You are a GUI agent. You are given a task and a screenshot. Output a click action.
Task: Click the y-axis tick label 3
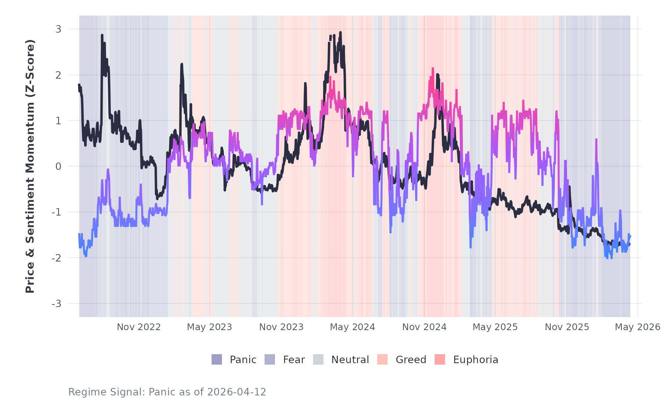[58, 29]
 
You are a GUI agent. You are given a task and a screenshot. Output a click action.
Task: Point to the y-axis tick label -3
[57, 304]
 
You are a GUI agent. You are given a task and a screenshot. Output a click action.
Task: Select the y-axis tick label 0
[58, 167]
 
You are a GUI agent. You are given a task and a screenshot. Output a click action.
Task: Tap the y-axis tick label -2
[57, 258]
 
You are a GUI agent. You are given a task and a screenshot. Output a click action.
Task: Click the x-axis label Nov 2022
[139, 327]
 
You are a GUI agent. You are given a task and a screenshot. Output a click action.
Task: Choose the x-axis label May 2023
[209, 327]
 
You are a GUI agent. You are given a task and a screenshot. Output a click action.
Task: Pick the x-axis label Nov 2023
[281, 327]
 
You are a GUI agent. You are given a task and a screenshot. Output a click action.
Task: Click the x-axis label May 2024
[352, 327]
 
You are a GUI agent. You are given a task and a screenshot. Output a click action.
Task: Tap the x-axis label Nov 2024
[424, 327]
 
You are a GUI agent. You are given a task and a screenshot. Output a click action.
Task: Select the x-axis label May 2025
[495, 327]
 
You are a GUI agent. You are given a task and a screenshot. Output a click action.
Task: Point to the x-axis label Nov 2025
[567, 327]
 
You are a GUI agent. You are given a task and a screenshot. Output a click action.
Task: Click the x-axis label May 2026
[637, 327]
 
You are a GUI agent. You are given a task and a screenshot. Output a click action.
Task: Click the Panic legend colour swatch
[217, 359]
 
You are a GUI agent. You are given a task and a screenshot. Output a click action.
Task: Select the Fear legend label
[294, 360]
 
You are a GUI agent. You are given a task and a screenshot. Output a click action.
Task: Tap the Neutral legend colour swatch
[318, 359]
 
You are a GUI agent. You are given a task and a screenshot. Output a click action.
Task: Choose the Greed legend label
[411, 360]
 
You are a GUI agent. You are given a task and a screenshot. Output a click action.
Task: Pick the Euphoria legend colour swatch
[440, 359]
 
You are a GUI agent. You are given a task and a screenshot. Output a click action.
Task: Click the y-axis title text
[30, 166]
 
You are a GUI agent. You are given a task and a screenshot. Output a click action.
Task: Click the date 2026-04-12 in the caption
[236, 392]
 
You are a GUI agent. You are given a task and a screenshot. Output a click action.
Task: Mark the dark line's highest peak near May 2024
[340, 33]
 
